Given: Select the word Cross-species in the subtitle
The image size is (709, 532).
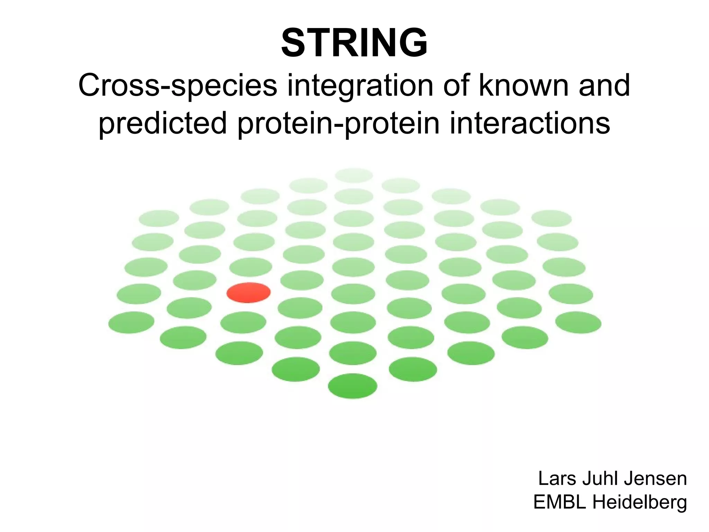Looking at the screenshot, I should point(178,86).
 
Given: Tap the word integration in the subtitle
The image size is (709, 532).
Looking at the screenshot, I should point(360,86).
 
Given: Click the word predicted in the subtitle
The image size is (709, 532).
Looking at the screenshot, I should point(163,123).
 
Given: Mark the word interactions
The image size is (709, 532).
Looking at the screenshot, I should point(530,123).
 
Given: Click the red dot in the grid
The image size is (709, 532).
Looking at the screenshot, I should point(249,293).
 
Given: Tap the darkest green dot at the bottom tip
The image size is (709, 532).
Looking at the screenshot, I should point(352,386).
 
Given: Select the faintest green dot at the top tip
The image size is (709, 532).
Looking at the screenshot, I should point(354,175).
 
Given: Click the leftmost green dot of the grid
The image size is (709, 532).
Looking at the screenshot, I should point(131,322).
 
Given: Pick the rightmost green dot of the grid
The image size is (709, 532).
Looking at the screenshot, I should point(578,322).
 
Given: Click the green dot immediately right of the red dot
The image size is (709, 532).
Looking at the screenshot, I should point(302,280).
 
